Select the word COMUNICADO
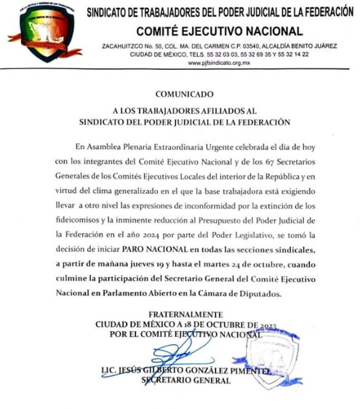185,95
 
